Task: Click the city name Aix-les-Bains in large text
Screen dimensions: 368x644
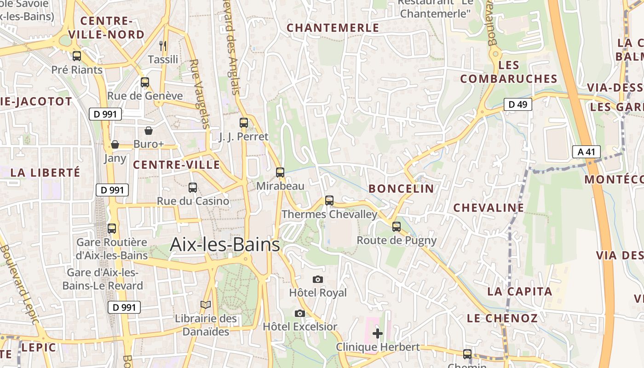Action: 225,245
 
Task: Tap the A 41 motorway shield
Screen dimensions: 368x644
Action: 586,152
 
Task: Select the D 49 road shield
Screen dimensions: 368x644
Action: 517,104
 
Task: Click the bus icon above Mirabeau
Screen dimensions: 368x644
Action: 280,172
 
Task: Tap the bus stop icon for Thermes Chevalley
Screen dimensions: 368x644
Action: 329,200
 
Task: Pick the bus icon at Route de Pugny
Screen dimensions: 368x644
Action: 397,226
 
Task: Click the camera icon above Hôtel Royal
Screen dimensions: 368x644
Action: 317,279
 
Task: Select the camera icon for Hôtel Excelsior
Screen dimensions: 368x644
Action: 300,313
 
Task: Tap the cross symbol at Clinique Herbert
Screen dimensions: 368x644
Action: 378,333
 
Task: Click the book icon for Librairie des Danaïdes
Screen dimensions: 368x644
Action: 206,305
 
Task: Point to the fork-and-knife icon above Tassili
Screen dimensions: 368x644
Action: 163,46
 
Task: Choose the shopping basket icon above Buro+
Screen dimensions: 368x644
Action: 149,131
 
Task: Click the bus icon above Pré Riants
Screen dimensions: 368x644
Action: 77,56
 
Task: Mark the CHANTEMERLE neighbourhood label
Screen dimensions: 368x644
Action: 333,28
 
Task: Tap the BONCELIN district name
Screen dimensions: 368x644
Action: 401,189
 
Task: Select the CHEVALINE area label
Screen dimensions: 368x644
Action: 489,208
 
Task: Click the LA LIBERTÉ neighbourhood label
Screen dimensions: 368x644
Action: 45,173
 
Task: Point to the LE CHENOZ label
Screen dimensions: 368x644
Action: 502,318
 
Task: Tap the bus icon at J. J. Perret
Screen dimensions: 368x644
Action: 244,123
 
